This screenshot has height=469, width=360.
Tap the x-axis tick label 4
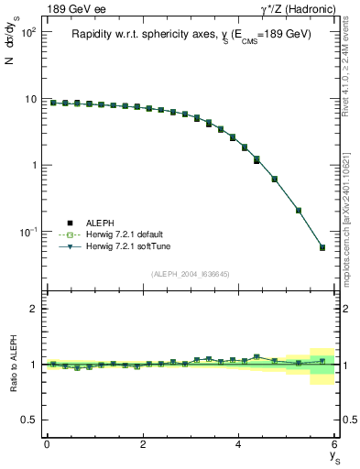click(x=239, y=443)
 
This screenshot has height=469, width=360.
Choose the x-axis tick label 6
click(x=335, y=443)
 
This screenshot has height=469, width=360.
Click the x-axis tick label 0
click(x=47, y=443)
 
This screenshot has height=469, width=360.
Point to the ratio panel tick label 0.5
click(x=30, y=420)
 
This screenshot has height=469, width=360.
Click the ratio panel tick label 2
click(x=35, y=309)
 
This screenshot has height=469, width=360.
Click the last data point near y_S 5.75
click(x=322, y=247)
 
